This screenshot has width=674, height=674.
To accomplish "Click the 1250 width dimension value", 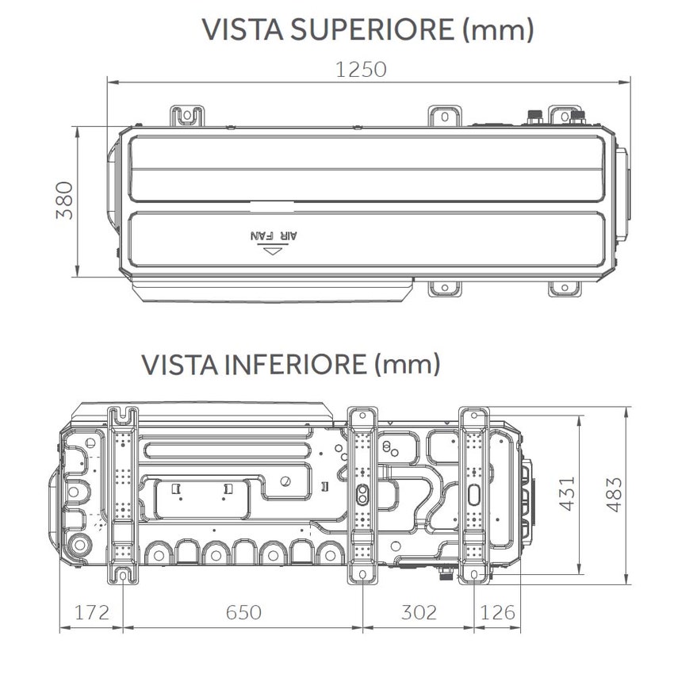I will (x=361, y=69).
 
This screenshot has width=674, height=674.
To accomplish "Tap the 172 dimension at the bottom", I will (x=91, y=612).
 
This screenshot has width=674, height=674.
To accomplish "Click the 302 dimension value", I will (x=419, y=612).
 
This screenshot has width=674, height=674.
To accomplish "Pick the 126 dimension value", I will (x=498, y=612).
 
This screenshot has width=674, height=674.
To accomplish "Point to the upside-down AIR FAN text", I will (x=274, y=236).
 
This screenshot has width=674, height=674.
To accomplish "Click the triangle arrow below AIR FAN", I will (x=274, y=251).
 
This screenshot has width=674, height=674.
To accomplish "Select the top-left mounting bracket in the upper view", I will (x=186, y=115).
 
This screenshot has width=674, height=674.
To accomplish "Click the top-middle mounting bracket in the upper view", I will (x=444, y=115).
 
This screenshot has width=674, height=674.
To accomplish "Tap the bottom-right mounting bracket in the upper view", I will (x=565, y=287).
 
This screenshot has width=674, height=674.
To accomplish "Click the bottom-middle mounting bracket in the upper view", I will (x=445, y=287).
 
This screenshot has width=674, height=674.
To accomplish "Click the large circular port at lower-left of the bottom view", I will (x=80, y=547).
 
